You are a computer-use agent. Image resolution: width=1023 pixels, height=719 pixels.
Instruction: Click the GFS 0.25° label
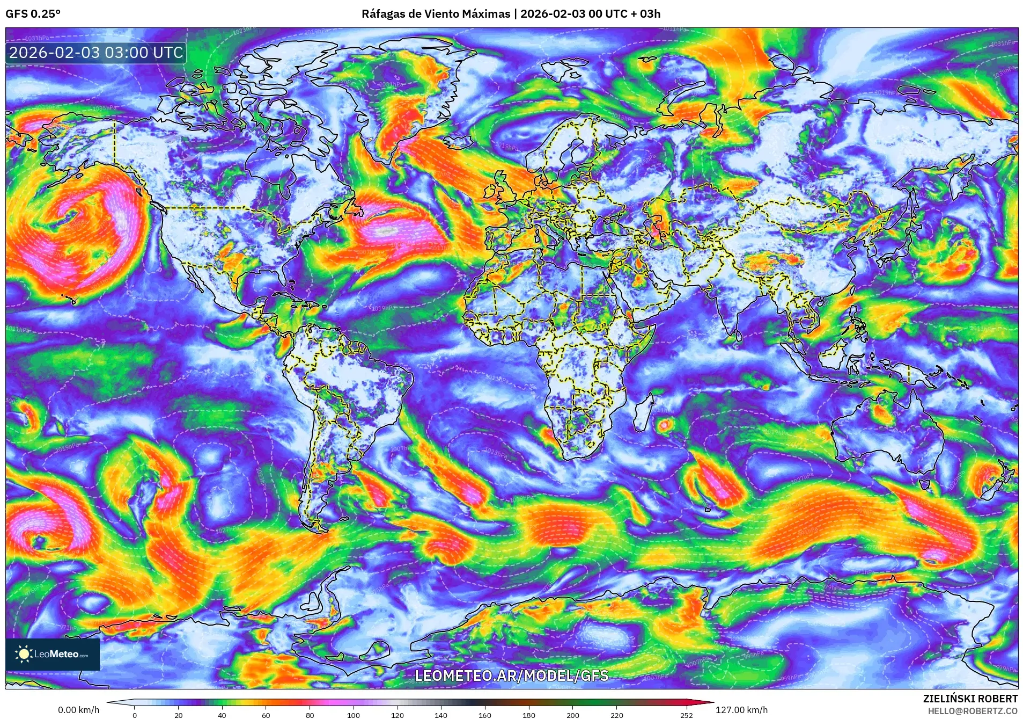click(33, 14)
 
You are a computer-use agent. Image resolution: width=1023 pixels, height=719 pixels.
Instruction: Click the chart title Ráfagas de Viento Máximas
click(436, 14)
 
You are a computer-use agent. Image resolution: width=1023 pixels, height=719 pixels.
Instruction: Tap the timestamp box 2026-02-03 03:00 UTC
click(96, 53)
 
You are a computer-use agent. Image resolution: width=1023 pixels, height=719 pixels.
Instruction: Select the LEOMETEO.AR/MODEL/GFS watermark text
click(512, 676)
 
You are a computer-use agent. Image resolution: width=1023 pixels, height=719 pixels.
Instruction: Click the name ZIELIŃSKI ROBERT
click(970, 699)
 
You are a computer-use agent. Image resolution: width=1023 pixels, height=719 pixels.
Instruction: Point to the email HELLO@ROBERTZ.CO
click(973, 711)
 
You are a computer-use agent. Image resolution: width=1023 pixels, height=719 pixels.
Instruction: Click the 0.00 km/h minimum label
click(78, 710)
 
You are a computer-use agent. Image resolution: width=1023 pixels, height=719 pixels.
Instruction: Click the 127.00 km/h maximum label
click(741, 710)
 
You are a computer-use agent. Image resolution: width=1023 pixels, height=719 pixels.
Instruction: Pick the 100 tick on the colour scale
click(353, 715)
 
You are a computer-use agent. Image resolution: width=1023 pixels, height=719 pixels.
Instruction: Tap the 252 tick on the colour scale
click(687, 715)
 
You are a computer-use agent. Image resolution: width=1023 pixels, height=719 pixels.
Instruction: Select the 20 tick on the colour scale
click(178, 715)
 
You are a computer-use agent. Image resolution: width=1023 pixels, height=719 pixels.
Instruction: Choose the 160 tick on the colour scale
click(484, 715)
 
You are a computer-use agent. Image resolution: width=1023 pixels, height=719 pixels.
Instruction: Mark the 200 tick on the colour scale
click(572, 715)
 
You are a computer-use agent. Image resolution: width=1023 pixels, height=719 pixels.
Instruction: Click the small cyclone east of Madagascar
click(664, 425)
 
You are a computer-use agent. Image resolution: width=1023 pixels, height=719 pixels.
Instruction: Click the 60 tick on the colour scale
click(266, 715)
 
